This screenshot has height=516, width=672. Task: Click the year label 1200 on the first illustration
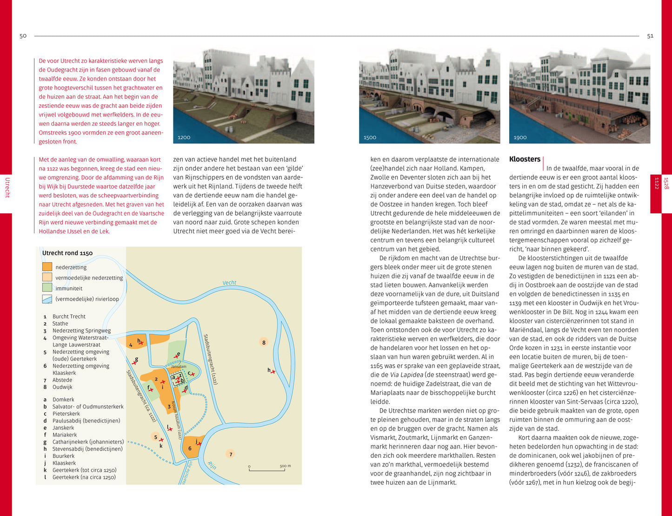[x=184, y=137]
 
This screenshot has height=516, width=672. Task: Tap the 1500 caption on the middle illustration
[x=370, y=137]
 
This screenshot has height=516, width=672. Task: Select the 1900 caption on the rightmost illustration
[x=520, y=137]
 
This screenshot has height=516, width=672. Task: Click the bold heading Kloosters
[x=525, y=159]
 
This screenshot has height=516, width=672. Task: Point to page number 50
[x=23, y=36]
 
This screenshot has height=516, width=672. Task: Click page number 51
[x=650, y=36]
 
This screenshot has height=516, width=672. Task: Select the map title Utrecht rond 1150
[x=67, y=253]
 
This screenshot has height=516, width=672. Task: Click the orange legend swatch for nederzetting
[x=47, y=267]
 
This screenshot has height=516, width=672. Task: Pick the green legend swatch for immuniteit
[x=47, y=288]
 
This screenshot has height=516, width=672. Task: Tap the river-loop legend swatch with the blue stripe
[x=47, y=299]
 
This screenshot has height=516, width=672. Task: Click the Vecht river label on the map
[x=229, y=283]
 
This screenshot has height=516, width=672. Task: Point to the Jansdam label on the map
[x=179, y=367]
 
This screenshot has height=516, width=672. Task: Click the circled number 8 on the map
[x=264, y=342]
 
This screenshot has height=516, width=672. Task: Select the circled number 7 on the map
[x=231, y=454]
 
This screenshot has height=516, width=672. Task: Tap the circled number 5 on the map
[x=156, y=437]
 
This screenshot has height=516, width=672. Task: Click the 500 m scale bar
[x=270, y=469]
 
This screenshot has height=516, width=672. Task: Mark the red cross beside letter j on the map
[x=199, y=444]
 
